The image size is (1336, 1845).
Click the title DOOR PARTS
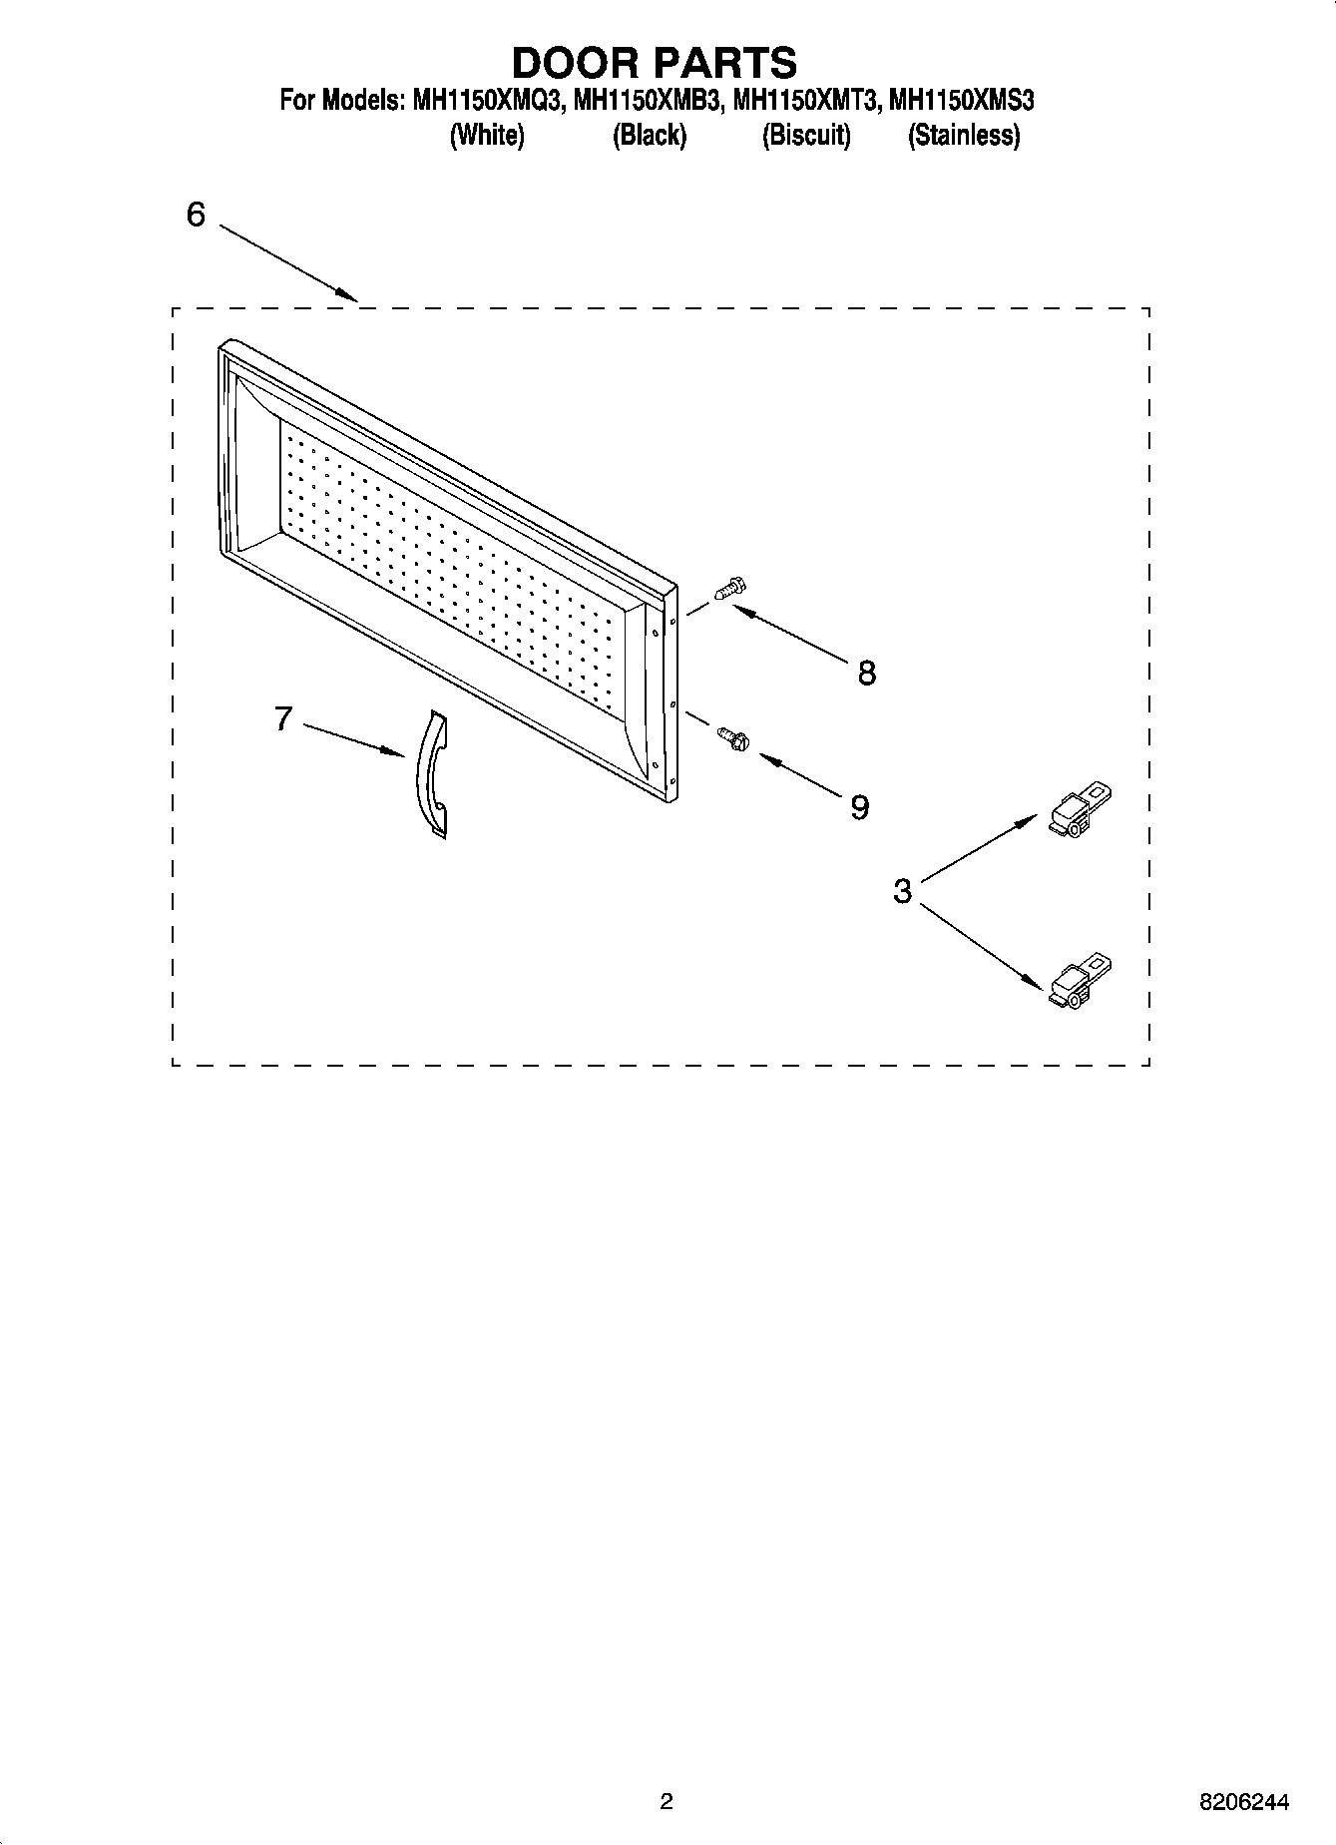[655, 62]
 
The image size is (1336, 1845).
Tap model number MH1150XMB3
[646, 101]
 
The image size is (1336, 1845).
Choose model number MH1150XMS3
[961, 101]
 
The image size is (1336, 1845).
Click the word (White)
[487, 135]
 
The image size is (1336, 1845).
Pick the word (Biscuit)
[806, 135]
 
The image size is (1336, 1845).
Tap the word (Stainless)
[964, 135]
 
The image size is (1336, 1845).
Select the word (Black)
[650, 135]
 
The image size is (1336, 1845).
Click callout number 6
[196, 215]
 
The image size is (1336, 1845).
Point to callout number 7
[283, 718]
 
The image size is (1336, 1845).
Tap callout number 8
[866, 674]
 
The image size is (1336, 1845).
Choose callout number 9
[859, 806]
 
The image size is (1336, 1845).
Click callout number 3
[902, 891]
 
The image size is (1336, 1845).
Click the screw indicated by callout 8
[730, 589]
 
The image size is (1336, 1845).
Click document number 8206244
[1243, 1802]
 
